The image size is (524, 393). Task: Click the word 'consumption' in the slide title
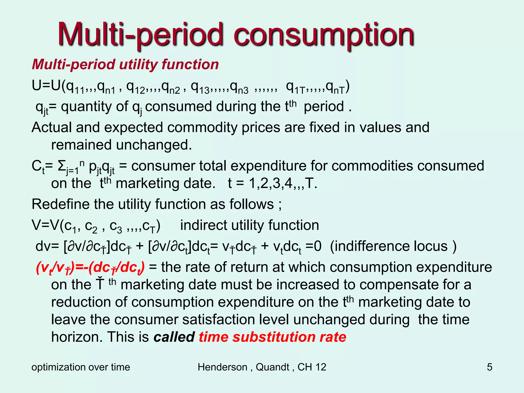(x=324, y=35)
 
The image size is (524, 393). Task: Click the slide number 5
(x=489, y=367)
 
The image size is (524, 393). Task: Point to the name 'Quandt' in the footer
(x=272, y=367)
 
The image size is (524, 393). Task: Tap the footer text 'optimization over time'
(x=81, y=367)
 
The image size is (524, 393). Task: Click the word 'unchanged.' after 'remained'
(x=154, y=145)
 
